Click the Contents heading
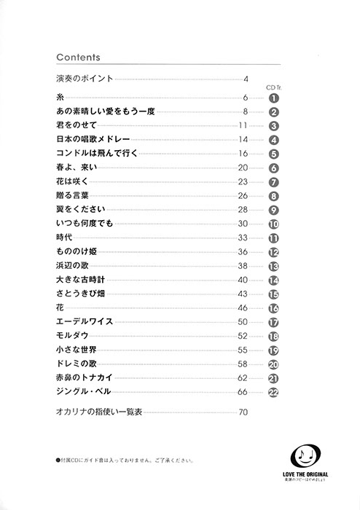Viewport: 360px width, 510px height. (x=77, y=57)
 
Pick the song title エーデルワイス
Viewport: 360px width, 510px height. (x=82, y=321)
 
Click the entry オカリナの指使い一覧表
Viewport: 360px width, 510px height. (x=103, y=412)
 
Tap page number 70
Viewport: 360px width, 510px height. (x=243, y=413)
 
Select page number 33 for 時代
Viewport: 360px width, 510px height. (x=243, y=238)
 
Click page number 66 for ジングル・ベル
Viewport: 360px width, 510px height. (x=243, y=393)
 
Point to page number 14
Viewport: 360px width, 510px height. (x=243, y=140)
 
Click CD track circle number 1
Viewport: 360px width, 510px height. (x=274, y=98)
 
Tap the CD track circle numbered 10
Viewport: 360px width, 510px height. (x=274, y=224)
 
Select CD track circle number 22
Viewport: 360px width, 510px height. (x=274, y=393)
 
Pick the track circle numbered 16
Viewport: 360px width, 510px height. (x=274, y=309)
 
